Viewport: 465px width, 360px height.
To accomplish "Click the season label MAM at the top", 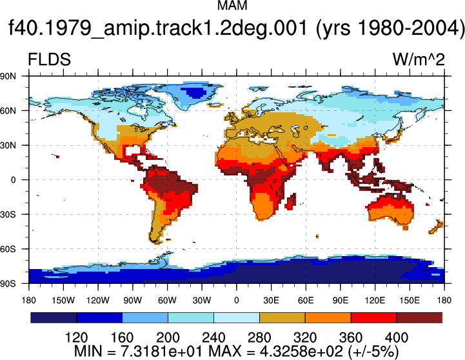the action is tap(232, 6).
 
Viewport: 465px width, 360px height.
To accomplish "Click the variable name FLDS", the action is tap(49, 59).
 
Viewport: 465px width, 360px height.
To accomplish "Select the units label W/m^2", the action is tap(419, 59).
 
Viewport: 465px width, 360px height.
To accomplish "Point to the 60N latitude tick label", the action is tap(8, 110).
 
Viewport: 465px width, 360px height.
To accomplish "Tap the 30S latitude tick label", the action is tap(8, 214).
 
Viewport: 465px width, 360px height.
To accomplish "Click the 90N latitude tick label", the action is tap(8, 76).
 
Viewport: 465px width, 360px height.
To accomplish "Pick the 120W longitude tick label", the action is tap(98, 301).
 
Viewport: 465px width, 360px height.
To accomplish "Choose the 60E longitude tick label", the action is tap(306, 301).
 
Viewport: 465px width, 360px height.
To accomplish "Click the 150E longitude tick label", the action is tap(410, 301).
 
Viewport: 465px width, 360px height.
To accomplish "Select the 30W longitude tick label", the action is tap(202, 301).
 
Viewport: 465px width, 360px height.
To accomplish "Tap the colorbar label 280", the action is tap(259, 338).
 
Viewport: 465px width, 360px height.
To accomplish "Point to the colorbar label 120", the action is tap(76, 338).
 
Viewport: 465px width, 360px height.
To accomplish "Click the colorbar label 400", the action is tap(397, 338).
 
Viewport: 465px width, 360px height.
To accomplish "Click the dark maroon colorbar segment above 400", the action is tap(419, 317).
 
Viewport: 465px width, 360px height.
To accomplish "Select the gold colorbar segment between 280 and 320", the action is tap(282, 317).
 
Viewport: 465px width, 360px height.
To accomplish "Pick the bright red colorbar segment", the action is tap(373, 317).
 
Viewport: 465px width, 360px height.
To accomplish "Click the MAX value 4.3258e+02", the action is tap(301, 352).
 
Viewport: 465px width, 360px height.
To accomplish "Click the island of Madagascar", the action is tap(291, 202).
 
